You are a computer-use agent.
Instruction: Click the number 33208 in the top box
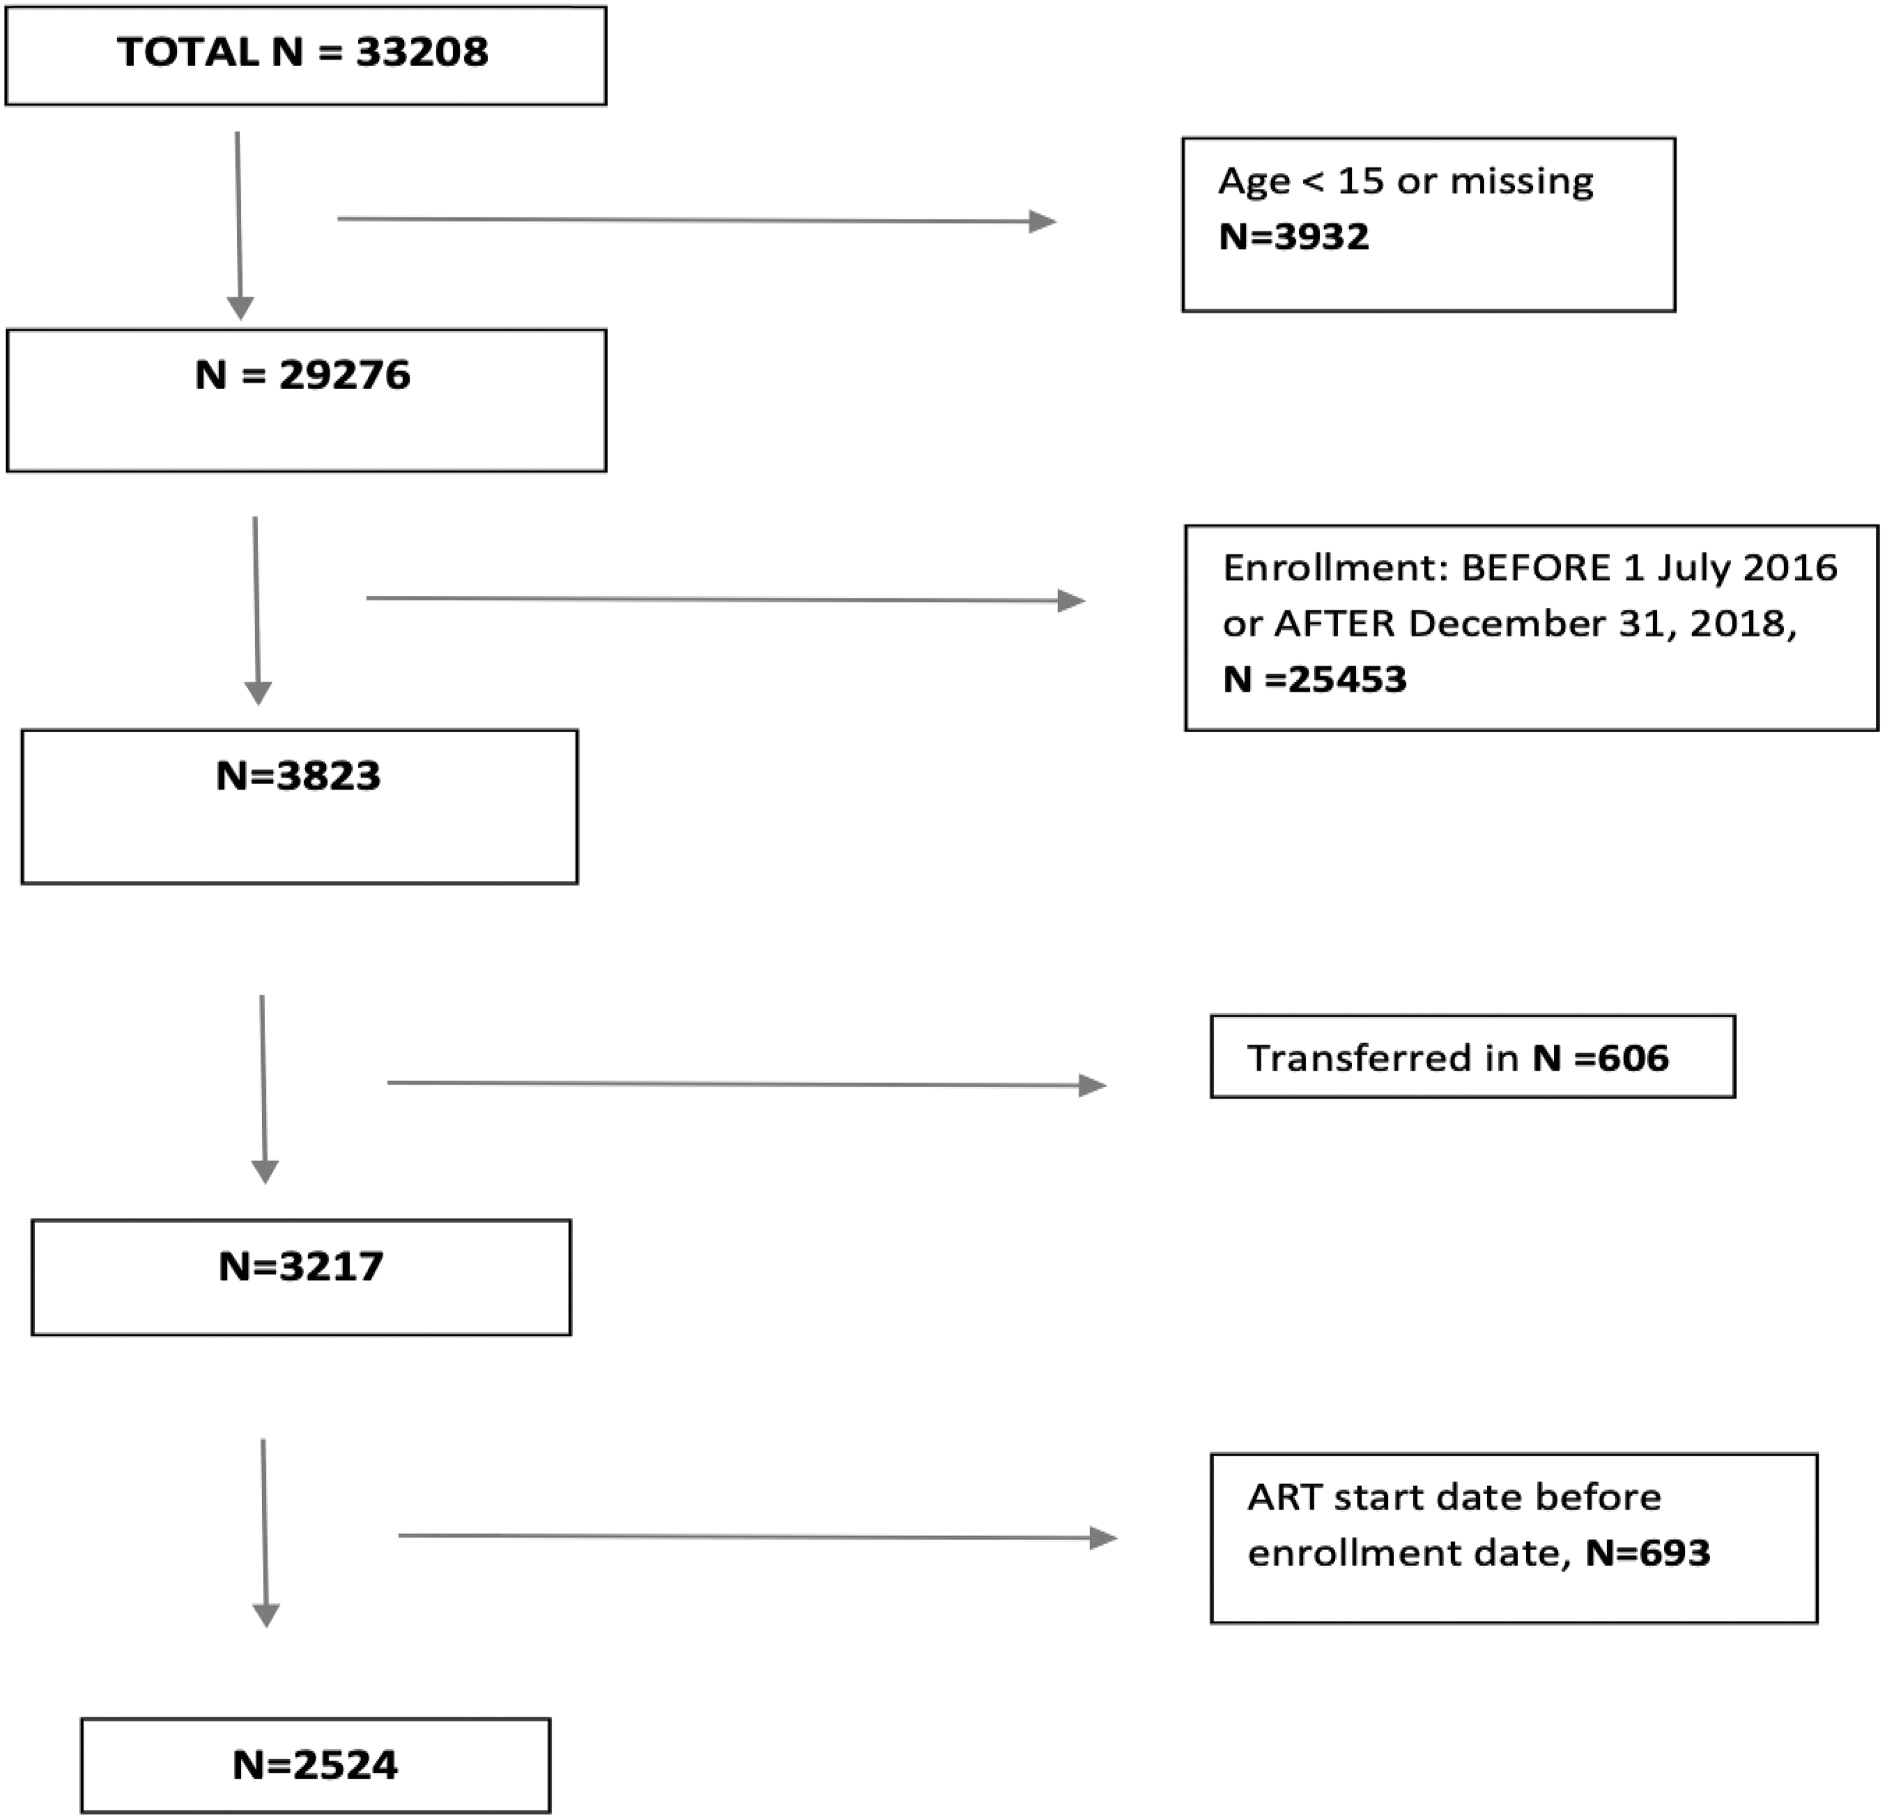(422, 52)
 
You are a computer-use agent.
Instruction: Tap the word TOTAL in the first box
(187, 52)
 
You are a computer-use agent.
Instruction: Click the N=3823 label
(298, 775)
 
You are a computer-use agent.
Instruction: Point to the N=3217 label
(301, 1266)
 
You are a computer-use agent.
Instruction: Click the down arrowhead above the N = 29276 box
(240, 308)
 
